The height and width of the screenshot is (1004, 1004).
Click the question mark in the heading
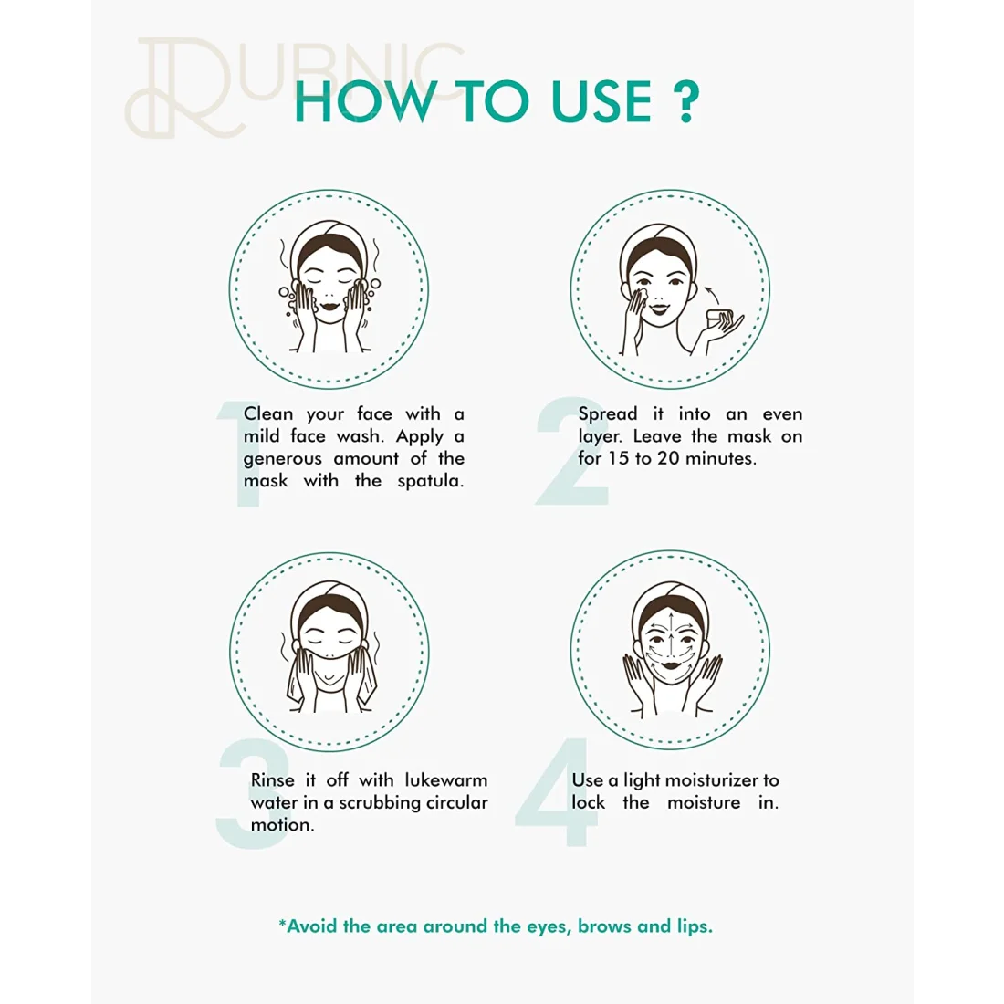point(685,102)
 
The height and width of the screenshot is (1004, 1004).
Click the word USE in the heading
point(601,102)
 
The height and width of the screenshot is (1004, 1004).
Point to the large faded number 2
point(571,451)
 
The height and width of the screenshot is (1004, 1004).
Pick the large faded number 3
point(254,795)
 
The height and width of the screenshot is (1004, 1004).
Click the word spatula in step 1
point(430,482)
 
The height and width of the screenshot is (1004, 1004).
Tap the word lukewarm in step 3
point(446,779)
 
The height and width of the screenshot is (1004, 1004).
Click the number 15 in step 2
point(619,458)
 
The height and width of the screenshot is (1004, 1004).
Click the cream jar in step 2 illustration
point(718,318)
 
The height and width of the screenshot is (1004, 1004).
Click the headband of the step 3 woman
point(329,592)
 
